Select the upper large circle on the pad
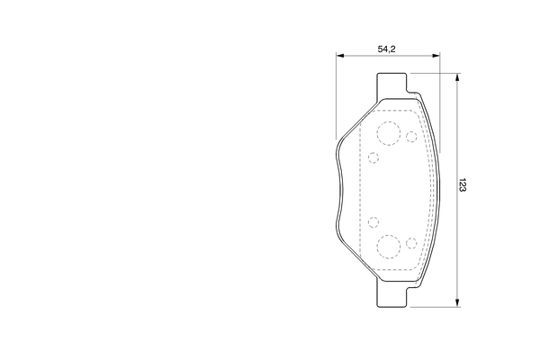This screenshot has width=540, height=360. (389, 134)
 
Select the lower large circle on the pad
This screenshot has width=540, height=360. (389, 245)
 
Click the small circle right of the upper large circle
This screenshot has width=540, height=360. (411, 137)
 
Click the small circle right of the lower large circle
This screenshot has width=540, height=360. (411, 242)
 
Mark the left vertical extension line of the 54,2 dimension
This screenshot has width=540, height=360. (336, 99)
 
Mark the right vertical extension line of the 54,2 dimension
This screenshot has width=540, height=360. (440, 99)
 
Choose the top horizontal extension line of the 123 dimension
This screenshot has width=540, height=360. (441, 73)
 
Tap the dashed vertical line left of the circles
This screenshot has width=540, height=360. (360, 189)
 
